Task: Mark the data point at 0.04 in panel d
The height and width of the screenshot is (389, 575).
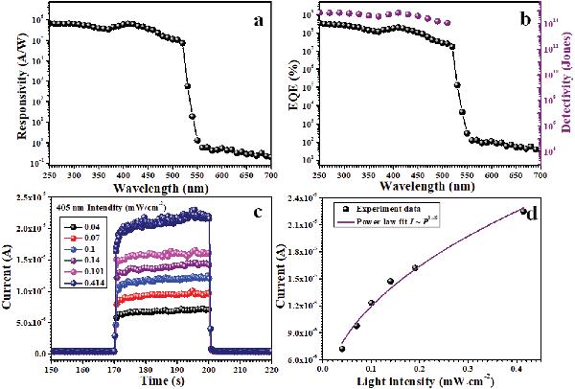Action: point(342,349)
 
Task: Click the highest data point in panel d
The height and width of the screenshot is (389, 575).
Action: point(522,211)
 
